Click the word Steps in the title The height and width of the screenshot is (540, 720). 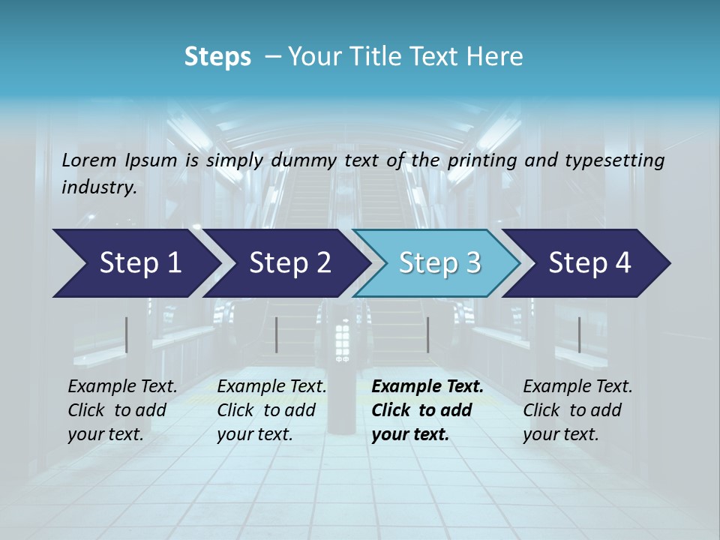coord(217,57)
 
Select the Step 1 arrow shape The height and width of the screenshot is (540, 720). coord(135,263)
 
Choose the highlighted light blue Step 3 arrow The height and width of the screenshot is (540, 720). coord(439,263)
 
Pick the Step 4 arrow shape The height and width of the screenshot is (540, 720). coord(589,263)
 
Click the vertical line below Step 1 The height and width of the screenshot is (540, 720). coord(127,334)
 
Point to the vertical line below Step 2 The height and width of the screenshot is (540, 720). coord(277,334)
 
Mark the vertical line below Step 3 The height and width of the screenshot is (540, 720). coord(427,334)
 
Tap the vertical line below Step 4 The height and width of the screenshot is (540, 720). coord(579,334)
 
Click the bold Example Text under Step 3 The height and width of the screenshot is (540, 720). coord(427,387)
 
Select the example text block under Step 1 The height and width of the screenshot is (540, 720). coord(122,410)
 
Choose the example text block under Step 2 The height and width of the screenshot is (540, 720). coord(271,410)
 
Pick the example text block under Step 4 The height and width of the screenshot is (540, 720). coord(577,410)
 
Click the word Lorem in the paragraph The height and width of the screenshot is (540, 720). coord(89,160)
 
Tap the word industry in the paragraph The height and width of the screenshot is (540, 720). coord(98,187)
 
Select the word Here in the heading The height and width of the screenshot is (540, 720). coord(496,57)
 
